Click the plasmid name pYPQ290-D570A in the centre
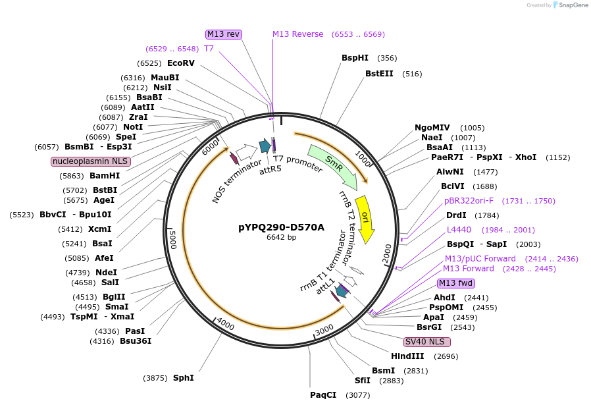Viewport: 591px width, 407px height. click(281, 227)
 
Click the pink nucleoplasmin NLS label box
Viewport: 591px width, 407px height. click(91, 161)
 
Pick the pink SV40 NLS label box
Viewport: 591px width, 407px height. click(427, 342)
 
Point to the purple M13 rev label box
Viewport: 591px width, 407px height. click(224, 34)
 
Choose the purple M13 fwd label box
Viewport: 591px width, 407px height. click(456, 283)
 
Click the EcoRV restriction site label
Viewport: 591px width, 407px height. click(181, 63)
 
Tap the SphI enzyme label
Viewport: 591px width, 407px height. click(183, 378)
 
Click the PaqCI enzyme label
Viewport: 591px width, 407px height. click(323, 395)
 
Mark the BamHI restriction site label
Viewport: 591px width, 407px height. click(105, 176)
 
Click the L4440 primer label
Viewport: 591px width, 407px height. click(459, 230)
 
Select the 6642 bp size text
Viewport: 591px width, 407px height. click(281, 238)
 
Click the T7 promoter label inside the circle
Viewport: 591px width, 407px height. click(297, 163)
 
